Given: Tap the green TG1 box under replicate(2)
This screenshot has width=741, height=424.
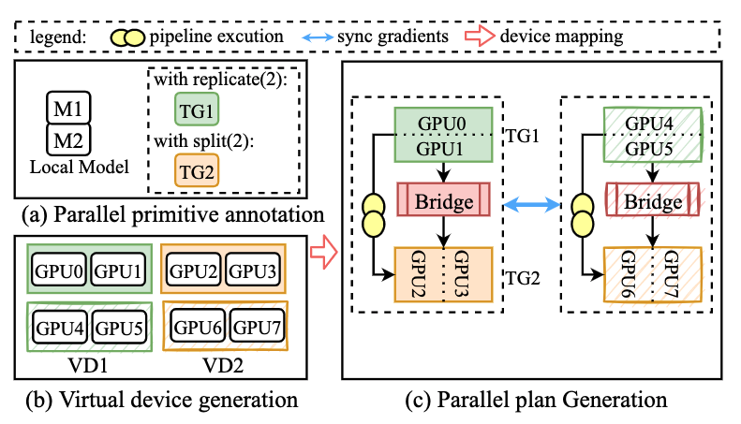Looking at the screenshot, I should tap(196, 109).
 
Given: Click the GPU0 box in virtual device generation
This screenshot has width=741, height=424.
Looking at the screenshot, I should tap(59, 271).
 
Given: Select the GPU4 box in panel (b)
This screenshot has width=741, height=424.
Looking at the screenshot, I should tap(59, 329).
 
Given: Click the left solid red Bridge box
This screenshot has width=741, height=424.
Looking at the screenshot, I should tap(444, 201).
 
